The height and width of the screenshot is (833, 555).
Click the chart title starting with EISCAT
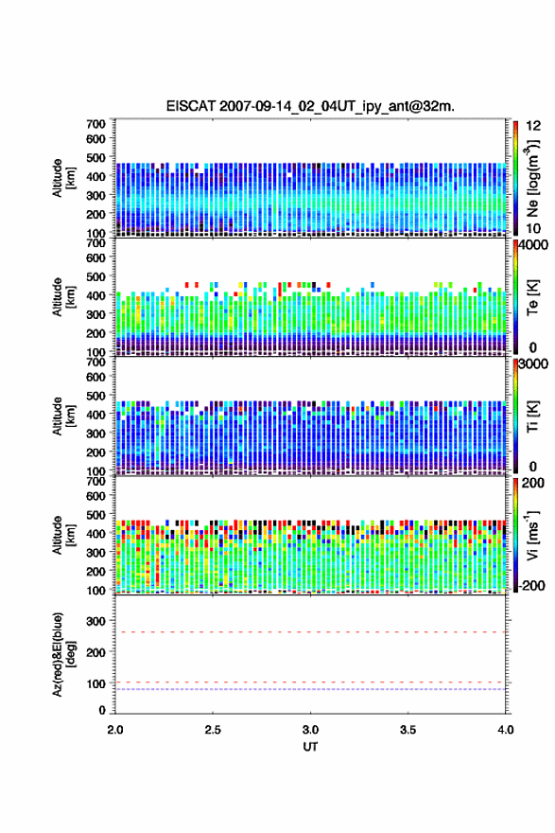[310, 106]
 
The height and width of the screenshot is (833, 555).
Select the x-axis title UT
[310, 747]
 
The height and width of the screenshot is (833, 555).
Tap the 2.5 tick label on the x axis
[213, 730]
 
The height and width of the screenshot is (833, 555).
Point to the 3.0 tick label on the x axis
[310, 730]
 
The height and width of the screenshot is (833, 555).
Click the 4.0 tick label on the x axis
[506, 730]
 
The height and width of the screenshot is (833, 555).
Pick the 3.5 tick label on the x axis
[408, 730]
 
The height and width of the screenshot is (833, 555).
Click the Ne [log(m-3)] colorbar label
[532, 179]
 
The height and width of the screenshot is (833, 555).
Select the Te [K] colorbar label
[532, 297]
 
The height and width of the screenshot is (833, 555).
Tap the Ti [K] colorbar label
[532, 416]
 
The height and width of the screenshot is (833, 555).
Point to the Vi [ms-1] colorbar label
[532, 536]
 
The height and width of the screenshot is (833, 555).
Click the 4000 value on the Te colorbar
[533, 245]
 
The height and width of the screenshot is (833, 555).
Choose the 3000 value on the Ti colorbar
[533, 363]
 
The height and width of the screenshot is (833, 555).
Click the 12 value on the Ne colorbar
[533, 126]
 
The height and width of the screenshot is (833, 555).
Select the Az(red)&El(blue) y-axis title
[64, 654]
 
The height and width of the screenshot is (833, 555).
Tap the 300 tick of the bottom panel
[96, 621]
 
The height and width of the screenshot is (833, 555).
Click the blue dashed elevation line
[310, 689]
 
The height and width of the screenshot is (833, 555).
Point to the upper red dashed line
[310, 632]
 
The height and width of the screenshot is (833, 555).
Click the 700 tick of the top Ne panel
[96, 124]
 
